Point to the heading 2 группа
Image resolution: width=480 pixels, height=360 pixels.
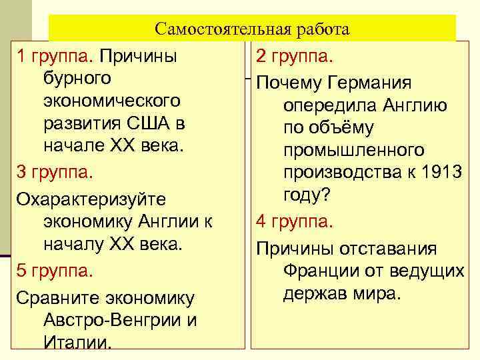tap(295, 56)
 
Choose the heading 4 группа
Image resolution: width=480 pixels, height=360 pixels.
tap(295, 221)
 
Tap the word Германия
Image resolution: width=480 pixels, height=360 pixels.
tap(372, 83)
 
